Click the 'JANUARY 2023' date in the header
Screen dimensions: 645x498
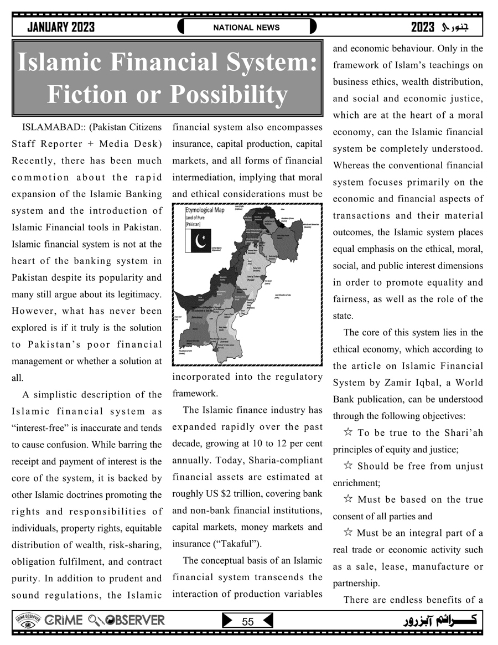click(61, 27)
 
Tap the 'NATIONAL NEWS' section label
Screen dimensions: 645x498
click(247, 27)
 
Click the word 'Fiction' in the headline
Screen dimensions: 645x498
click(95, 94)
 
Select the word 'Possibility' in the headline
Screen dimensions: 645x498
click(228, 94)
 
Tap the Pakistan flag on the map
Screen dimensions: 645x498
click(199, 241)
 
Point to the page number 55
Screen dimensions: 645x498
click(247, 622)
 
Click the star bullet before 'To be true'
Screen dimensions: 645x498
click(349, 432)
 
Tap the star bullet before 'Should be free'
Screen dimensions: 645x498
click(349, 466)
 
